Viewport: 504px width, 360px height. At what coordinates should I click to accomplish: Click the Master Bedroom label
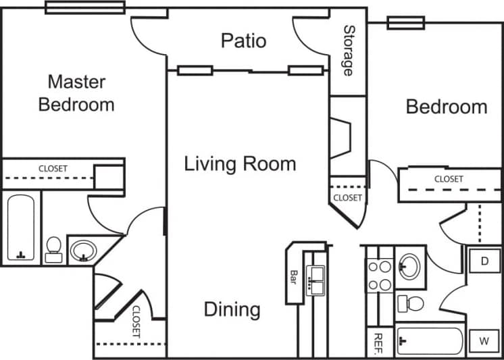click(76, 93)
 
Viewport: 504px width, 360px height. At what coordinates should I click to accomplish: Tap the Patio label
click(243, 41)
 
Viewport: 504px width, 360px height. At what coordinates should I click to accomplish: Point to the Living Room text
click(240, 163)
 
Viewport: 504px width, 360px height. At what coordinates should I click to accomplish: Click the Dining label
click(232, 309)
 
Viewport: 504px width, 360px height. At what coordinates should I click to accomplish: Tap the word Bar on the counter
click(294, 278)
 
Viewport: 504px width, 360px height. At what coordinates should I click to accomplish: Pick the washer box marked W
click(484, 341)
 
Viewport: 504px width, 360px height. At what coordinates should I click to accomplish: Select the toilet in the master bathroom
click(54, 249)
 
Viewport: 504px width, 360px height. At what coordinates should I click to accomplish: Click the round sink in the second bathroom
click(409, 265)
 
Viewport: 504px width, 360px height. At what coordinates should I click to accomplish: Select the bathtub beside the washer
click(430, 341)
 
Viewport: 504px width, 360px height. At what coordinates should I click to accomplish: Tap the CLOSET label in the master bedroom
click(53, 168)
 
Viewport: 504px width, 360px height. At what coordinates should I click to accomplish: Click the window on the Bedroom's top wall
click(405, 24)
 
